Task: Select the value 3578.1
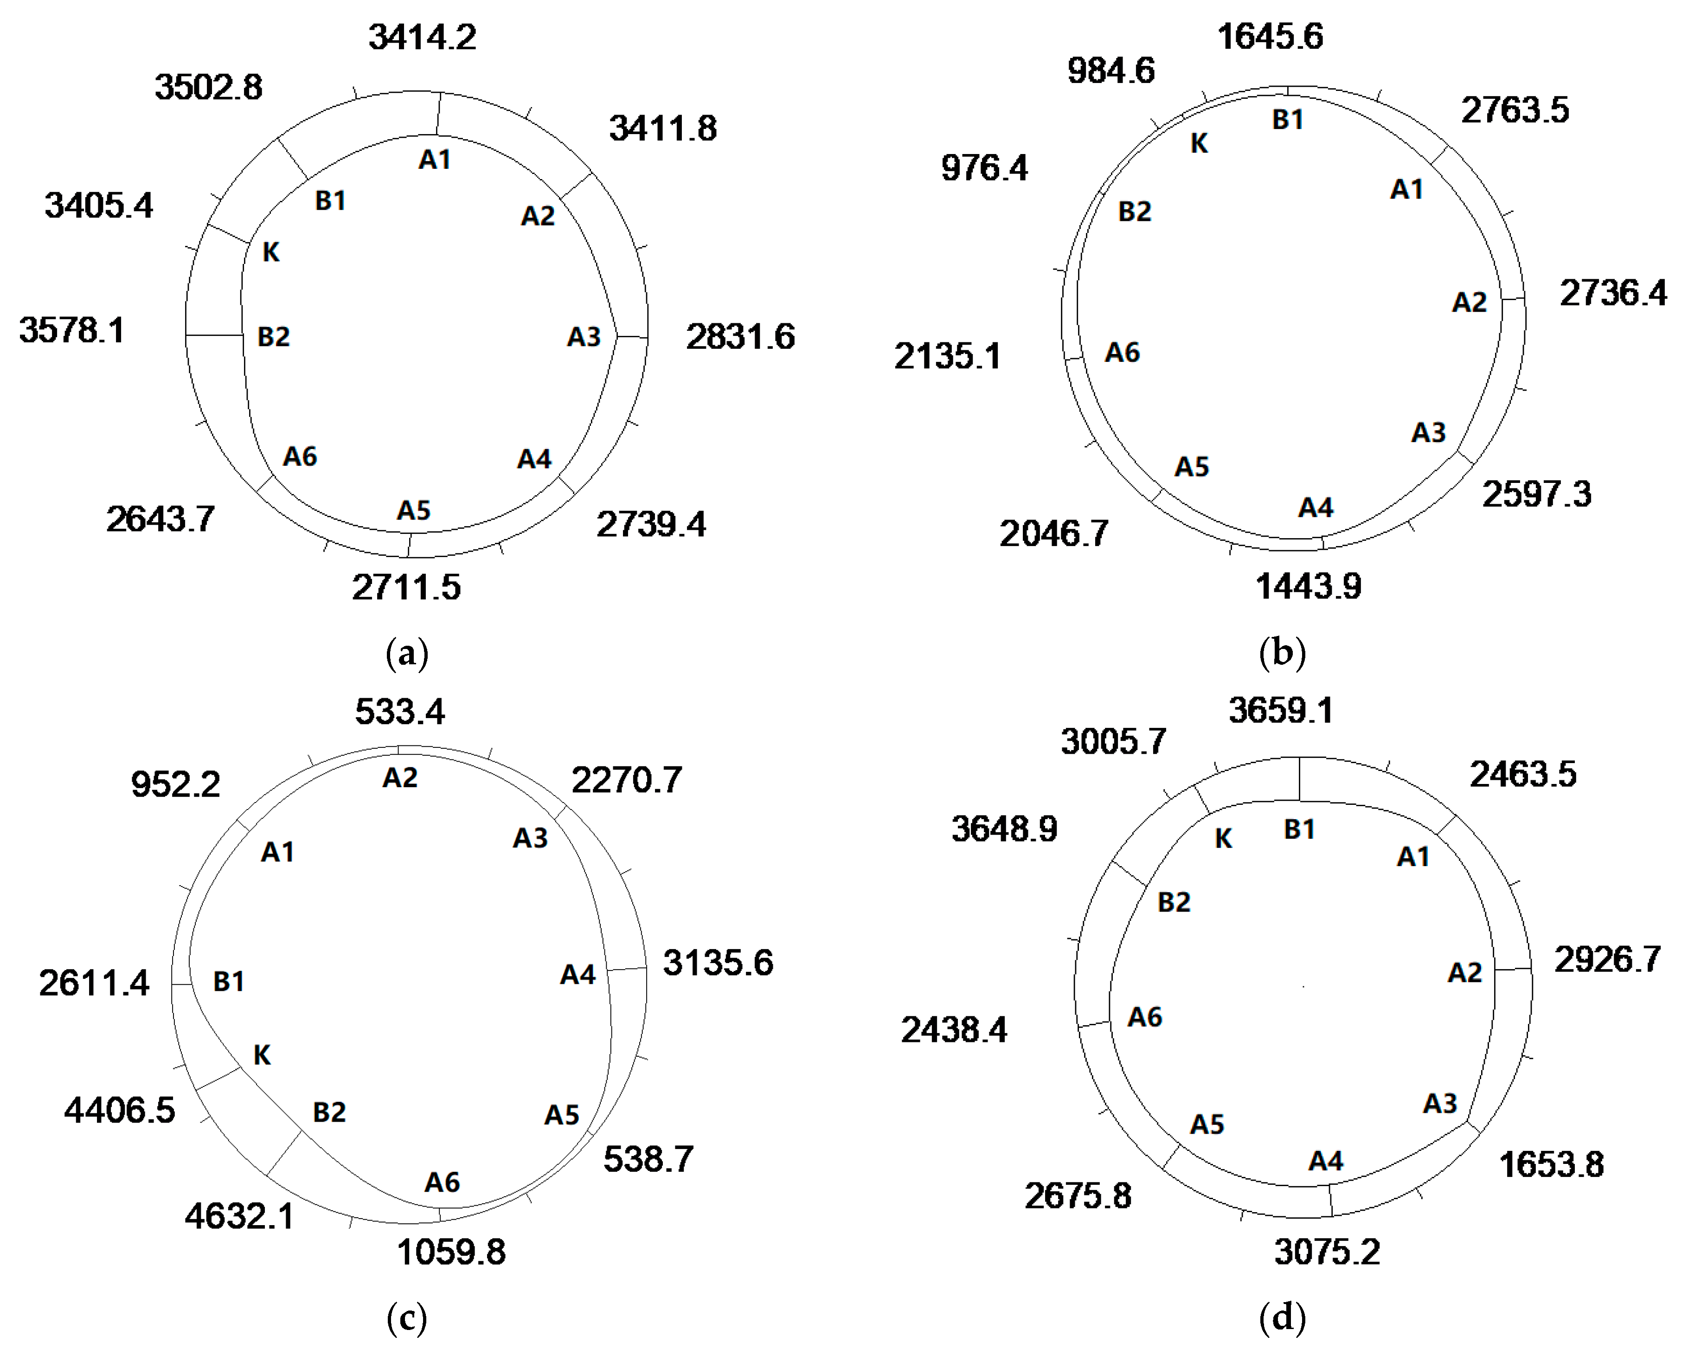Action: pos(71,330)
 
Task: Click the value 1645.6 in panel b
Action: pos(1270,37)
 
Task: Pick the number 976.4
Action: pos(984,167)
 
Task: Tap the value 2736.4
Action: pos(1613,293)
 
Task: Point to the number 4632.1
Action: pos(239,1216)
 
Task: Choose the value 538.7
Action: pos(648,1159)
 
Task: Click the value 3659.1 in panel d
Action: pos(1280,710)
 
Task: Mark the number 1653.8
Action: pos(1551,1164)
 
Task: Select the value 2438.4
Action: pos(954,1029)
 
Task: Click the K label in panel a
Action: pos(271,252)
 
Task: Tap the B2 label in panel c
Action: pos(329,1112)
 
